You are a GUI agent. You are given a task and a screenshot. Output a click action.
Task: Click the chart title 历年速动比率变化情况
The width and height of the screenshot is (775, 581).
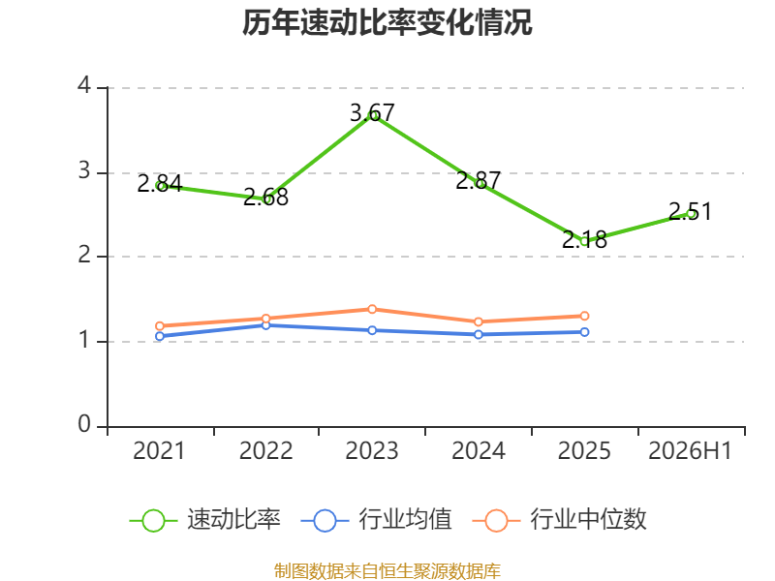click(x=387, y=22)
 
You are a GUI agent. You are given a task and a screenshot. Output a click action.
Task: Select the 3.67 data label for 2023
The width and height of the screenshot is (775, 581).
click(x=372, y=113)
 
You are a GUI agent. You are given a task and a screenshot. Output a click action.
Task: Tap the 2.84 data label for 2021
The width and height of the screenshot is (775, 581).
click(x=160, y=184)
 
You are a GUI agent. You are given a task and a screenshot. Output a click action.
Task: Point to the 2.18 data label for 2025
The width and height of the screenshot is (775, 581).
click(x=584, y=239)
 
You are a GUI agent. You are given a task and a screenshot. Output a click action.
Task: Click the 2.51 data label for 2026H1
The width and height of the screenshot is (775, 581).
click(x=690, y=211)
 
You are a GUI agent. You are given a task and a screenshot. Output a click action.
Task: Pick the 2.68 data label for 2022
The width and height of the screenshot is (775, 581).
click(x=265, y=198)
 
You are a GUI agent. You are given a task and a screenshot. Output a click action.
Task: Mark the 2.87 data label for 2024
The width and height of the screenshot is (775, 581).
click(x=478, y=181)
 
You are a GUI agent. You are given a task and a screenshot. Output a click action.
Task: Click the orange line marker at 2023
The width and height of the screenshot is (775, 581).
click(x=372, y=309)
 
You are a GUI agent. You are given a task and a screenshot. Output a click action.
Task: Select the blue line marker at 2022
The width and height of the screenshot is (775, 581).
click(x=265, y=325)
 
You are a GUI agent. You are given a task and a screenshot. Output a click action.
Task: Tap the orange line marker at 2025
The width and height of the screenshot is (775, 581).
click(x=584, y=316)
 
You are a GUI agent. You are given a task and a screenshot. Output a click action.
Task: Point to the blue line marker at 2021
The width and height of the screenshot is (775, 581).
click(x=160, y=336)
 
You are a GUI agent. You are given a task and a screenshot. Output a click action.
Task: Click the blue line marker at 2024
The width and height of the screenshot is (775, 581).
click(x=479, y=334)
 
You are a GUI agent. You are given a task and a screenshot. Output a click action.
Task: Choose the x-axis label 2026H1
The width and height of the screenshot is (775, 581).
click(x=690, y=450)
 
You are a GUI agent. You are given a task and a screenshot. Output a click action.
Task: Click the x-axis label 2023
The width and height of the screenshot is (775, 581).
click(x=372, y=450)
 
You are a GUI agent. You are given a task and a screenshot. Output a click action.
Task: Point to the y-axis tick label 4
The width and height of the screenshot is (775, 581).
click(x=84, y=85)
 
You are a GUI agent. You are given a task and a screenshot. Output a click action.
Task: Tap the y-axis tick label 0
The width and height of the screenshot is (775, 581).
click(x=84, y=424)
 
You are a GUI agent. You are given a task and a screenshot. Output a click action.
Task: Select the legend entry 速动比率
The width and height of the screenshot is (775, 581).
click(x=205, y=520)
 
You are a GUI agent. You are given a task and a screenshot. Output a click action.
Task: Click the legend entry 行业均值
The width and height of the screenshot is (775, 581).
click(x=376, y=520)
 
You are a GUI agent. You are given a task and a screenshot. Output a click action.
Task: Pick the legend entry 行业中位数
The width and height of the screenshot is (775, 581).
click(x=559, y=520)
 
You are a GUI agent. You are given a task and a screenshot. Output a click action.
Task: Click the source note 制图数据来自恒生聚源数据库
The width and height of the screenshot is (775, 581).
click(x=387, y=570)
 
